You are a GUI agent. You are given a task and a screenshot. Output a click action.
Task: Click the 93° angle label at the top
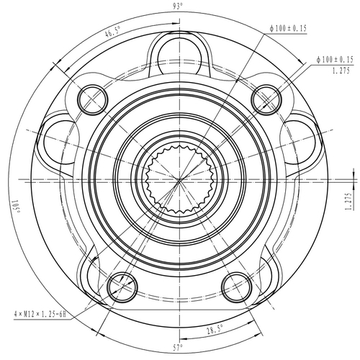click(x=178, y=6)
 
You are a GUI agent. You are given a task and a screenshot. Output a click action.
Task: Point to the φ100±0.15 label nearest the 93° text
click(x=288, y=28)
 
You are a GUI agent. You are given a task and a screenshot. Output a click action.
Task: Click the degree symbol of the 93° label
click(x=183, y=4)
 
